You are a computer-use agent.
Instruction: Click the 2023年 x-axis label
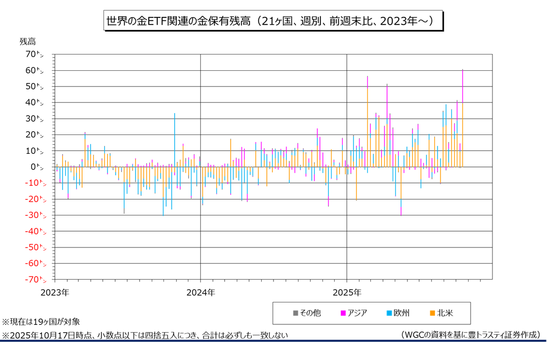click(55, 293)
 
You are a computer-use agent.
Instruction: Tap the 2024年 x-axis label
click(201, 293)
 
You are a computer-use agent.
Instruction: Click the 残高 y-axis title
click(28, 41)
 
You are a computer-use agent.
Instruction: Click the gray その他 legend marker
click(295, 313)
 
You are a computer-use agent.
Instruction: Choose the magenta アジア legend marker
click(343, 313)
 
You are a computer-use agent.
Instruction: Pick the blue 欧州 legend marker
click(389, 313)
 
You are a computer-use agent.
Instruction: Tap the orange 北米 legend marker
click(431, 313)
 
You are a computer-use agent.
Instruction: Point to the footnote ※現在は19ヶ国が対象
click(41, 322)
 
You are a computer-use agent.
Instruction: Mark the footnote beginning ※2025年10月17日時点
click(145, 335)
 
